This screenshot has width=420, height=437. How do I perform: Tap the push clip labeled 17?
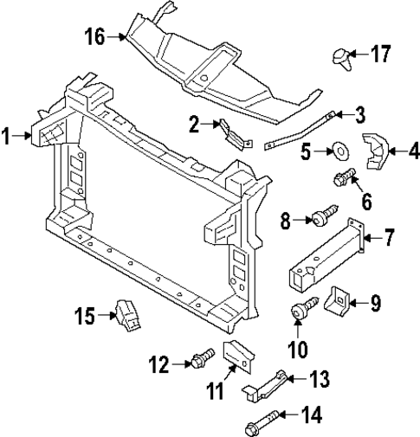click(339, 58)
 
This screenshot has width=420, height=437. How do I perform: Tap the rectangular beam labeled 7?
click(325, 260)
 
